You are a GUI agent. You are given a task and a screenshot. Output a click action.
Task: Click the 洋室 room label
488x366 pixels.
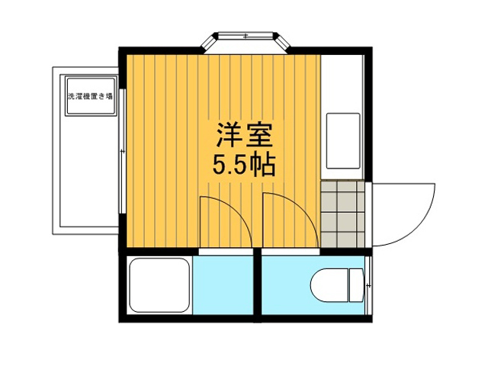pos(245,135)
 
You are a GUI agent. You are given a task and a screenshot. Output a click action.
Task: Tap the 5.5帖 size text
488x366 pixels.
pos(244,165)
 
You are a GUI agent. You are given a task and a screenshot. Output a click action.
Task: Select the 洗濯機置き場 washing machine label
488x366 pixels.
pos(90,97)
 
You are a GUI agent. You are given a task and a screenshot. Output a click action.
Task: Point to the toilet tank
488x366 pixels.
pos(356,285)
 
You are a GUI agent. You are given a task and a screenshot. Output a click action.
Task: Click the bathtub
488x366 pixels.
pos(159,285)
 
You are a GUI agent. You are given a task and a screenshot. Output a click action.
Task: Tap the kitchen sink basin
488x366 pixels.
pos(343,140)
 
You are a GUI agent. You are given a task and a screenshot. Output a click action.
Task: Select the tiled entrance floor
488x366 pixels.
pos(342,214)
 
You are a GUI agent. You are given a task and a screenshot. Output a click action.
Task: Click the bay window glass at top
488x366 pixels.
pos(246,36)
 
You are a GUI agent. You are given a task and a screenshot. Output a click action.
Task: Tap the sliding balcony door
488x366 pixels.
pos(122,151)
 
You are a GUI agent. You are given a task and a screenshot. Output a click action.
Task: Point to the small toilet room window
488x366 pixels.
pos(368,285)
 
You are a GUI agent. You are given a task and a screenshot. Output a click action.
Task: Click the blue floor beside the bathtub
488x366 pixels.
pos(223,285)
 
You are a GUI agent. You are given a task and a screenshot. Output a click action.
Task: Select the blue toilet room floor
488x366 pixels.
pos(286,285)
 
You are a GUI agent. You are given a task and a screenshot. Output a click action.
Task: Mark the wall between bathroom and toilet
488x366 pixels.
pos(257,285)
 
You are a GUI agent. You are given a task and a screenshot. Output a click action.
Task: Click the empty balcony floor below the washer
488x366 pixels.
pos(89,171)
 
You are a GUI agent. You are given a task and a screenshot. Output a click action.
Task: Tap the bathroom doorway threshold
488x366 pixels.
pos(226,252)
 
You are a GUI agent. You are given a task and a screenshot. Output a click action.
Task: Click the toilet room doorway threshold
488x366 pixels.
pos(291,252)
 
